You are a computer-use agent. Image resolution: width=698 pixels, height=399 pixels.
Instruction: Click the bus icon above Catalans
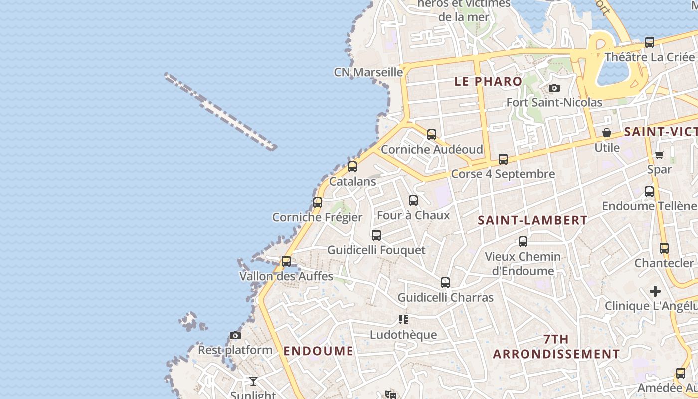click(352, 167)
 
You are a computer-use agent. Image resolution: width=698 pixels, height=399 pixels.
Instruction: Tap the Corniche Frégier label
click(317, 217)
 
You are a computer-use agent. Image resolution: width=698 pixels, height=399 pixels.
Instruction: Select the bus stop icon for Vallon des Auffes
click(286, 261)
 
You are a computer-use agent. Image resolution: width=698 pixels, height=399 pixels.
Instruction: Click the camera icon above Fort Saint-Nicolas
click(554, 88)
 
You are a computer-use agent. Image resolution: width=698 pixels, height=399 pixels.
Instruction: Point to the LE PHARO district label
click(488, 81)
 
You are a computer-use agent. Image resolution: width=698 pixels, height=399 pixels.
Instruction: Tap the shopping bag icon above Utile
click(607, 133)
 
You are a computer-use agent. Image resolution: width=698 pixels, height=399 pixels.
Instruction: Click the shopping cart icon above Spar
click(659, 155)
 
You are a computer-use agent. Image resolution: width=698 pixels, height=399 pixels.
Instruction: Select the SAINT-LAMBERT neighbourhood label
click(532, 220)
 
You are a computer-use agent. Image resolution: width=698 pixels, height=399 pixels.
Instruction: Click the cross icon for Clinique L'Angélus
click(655, 291)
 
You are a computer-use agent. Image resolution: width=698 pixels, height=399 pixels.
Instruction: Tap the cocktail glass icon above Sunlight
click(253, 381)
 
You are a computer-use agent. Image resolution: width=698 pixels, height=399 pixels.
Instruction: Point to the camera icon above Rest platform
click(235, 336)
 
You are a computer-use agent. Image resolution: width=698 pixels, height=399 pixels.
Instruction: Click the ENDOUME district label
click(318, 351)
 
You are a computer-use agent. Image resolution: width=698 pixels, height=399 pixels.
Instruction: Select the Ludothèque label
click(403, 335)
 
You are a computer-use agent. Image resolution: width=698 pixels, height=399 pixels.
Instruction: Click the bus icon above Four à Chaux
click(413, 201)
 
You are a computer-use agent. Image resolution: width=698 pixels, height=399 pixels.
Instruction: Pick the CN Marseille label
click(368, 72)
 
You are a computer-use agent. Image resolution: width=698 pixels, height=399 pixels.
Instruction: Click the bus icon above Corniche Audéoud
click(432, 135)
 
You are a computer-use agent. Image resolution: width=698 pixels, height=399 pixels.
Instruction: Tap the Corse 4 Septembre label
click(503, 174)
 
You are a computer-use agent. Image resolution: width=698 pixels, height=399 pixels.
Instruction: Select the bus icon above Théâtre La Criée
click(649, 43)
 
